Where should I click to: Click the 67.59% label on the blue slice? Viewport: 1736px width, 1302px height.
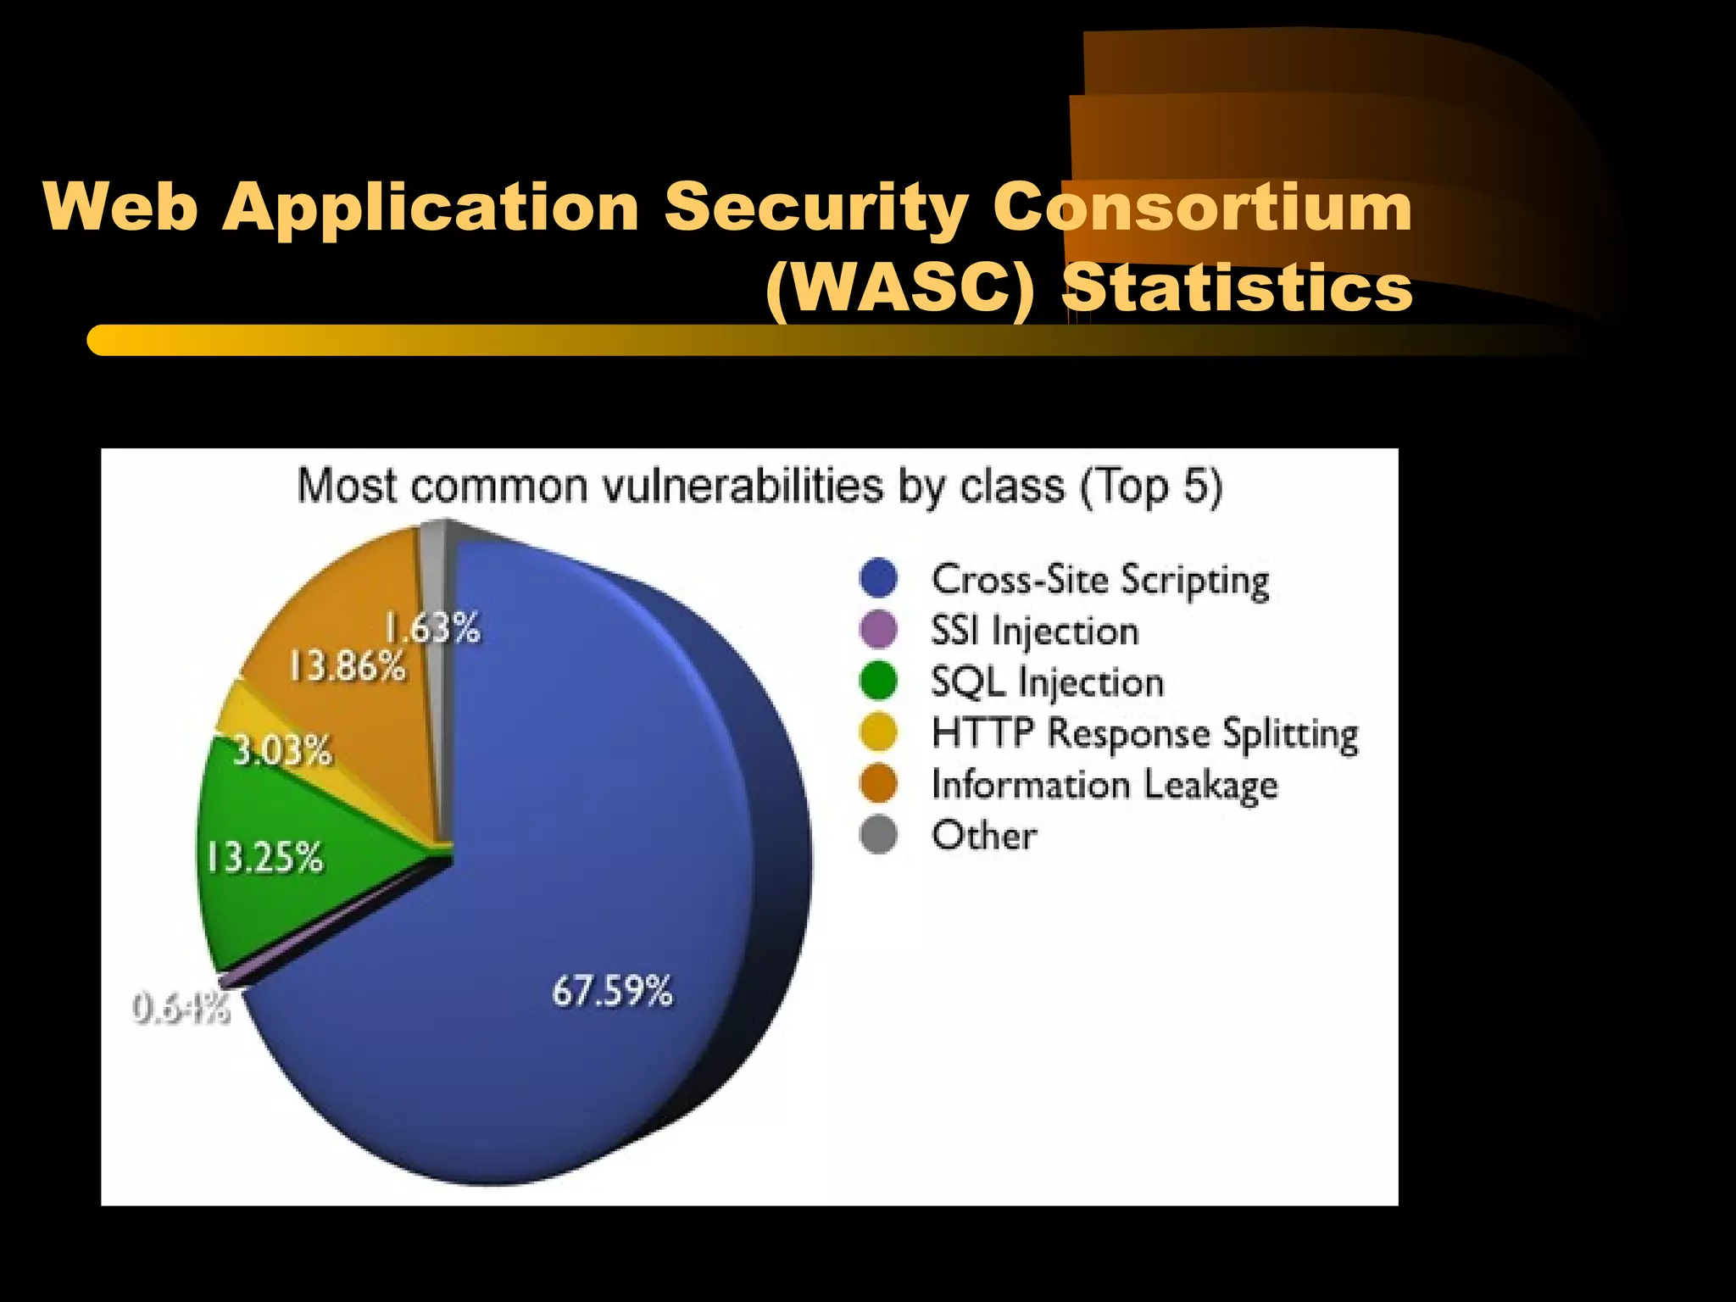(x=612, y=990)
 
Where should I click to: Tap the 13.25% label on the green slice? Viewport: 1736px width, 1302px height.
(x=264, y=857)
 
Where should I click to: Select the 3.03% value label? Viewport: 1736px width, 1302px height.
(x=282, y=751)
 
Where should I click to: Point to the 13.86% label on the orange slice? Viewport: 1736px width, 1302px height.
(x=348, y=666)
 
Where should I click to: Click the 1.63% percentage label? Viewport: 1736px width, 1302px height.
(x=432, y=628)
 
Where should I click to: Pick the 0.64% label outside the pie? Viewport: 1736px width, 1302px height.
(x=181, y=1009)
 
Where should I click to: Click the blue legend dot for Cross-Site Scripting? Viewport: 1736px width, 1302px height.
(x=878, y=578)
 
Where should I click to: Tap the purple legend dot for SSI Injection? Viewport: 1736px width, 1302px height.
(x=878, y=630)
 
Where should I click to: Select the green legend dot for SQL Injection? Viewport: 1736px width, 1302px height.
(x=878, y=682)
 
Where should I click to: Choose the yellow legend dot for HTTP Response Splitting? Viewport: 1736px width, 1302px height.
(x=878, y=732)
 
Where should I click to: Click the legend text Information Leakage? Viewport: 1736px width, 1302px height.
(x=1104, y=785)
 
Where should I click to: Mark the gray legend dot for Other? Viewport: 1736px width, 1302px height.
(x=878, y=835)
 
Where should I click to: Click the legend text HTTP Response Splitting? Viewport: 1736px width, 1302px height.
(x=1144, y=733)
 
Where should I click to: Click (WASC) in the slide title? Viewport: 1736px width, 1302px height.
(x=900, y=289)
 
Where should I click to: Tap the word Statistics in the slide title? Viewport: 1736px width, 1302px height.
(x=1238, y=289)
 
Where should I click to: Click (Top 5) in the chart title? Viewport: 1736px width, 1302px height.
(x=1151, y=487)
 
